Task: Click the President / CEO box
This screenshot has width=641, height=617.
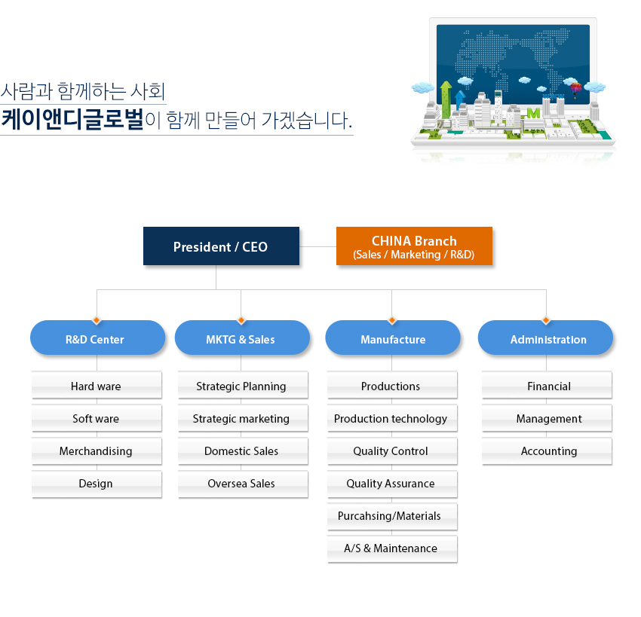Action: tap(221, 246)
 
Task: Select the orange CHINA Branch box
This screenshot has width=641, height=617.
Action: tap(414, 246)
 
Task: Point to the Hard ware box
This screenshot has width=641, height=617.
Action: tap(97, 385)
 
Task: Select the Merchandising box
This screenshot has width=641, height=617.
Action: tap(97, 451)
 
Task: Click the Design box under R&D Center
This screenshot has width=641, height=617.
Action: tap(97, 484)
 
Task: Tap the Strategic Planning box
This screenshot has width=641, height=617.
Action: tap(243, 385)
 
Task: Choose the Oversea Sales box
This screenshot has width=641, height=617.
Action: tap(243, 484)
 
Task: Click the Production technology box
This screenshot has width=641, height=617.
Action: tap(392, 417)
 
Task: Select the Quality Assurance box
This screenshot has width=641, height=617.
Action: tap(392, 484)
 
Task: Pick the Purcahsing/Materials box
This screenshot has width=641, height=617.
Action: tap(392, 517)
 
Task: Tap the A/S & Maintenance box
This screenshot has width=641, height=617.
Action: tap(392, 549)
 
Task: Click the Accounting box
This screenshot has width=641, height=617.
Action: tap(547, 451)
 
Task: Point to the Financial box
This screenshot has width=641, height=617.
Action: tap(547, 385)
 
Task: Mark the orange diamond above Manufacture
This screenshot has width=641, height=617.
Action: tap(392, 320)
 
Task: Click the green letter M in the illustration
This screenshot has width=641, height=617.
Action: tap(533, 113)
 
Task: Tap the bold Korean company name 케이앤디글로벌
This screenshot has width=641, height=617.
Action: tap(72, 119)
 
